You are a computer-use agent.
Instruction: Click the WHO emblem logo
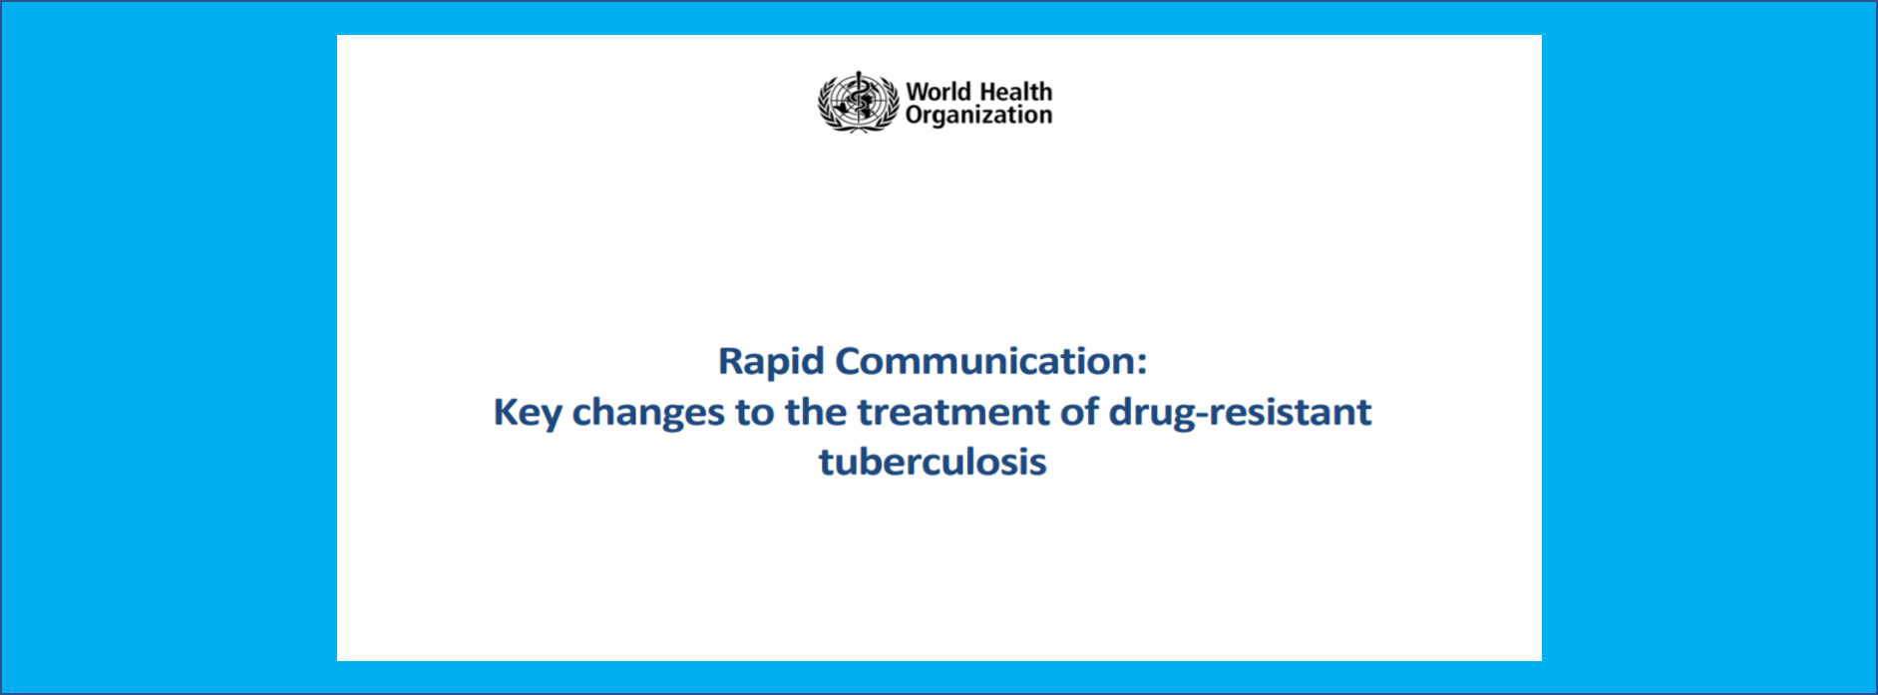point(858,102)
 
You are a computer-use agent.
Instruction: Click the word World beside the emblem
point(939,92)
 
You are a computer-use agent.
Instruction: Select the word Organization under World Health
point(978,116)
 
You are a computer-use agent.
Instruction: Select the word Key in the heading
point(528,413)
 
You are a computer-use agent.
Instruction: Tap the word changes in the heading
point(648,413)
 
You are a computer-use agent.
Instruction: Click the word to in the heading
point(755,412)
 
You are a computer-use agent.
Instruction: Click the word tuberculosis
point(933,462)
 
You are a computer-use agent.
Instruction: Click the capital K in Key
point(506,412)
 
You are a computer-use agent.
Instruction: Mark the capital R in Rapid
point(731,361)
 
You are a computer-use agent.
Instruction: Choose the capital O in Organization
point(916,115)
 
